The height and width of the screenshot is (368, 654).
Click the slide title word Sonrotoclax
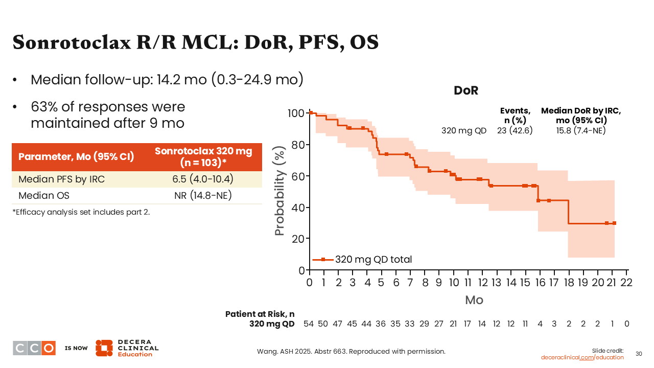click(71, 42)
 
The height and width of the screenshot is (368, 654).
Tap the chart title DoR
click(466, 91)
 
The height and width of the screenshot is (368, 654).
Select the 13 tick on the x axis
click(497, 283)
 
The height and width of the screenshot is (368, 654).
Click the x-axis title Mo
click(474, 300)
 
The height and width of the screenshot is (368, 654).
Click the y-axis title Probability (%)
click(279, 192)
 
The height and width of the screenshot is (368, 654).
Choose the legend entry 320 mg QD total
click(373, 259)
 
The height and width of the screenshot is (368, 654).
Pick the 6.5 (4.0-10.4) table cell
click(203, 179)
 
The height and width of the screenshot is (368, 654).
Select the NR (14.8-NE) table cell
click(203, 196)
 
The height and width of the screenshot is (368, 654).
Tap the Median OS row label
click(44, 196)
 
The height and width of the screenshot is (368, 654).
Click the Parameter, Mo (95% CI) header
click(76, 157)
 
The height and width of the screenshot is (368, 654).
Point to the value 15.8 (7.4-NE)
click(581, 130)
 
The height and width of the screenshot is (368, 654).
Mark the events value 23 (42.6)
click(515, 130)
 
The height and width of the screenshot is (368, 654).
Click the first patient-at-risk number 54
click(309, 324)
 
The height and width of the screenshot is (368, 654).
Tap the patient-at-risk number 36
click(381, 324)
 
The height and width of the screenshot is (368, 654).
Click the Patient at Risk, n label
click(260, 314)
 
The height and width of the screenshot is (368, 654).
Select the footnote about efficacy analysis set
click(81, 212)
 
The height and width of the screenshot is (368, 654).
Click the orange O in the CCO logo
click(49, 348)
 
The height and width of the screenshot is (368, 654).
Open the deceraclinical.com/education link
click(582, 357)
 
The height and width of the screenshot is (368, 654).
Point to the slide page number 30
click(639, 354)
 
